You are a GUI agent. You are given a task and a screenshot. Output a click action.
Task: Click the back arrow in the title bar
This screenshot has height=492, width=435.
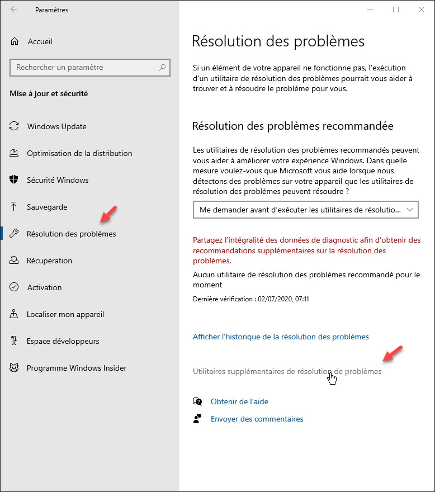(14, 10)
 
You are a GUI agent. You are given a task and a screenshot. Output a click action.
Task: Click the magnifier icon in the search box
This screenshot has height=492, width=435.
(162, 68)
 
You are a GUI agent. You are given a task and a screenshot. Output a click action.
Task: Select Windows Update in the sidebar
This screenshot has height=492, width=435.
(56, 126)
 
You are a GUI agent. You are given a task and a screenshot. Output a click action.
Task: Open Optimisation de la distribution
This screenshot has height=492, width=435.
(79, 153)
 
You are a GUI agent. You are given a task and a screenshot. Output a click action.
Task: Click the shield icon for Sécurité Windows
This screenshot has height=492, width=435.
(15, 180)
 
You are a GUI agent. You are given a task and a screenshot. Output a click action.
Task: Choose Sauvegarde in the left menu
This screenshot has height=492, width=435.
(47, 207)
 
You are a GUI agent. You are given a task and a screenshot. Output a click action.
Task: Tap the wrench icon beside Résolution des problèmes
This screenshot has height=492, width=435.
(15, 234)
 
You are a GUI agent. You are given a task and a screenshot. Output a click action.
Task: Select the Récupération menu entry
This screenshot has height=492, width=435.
(49, 261)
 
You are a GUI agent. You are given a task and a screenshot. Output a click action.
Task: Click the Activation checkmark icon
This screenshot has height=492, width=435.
(15, 287)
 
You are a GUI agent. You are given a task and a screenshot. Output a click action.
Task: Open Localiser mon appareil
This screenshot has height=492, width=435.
(65, 314)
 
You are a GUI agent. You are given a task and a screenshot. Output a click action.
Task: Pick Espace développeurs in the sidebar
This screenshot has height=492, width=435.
(63, 341)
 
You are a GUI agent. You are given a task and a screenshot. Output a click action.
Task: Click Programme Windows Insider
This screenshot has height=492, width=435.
(77, 368)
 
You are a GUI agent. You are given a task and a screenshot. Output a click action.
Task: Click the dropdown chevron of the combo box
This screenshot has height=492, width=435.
(410, 210)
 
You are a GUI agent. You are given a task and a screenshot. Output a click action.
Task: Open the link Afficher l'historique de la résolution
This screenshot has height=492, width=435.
(281, 337)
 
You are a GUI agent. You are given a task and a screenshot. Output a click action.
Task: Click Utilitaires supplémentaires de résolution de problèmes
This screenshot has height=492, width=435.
(287, 371)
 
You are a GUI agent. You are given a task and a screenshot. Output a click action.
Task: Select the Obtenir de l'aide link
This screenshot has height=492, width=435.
(239, 401)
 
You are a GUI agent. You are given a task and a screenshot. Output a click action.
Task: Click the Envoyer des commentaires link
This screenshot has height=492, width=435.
(257, 419)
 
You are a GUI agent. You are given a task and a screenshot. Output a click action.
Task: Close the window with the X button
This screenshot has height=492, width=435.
(421, 10)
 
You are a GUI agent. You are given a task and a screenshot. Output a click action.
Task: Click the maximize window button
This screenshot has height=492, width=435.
(396, 10)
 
